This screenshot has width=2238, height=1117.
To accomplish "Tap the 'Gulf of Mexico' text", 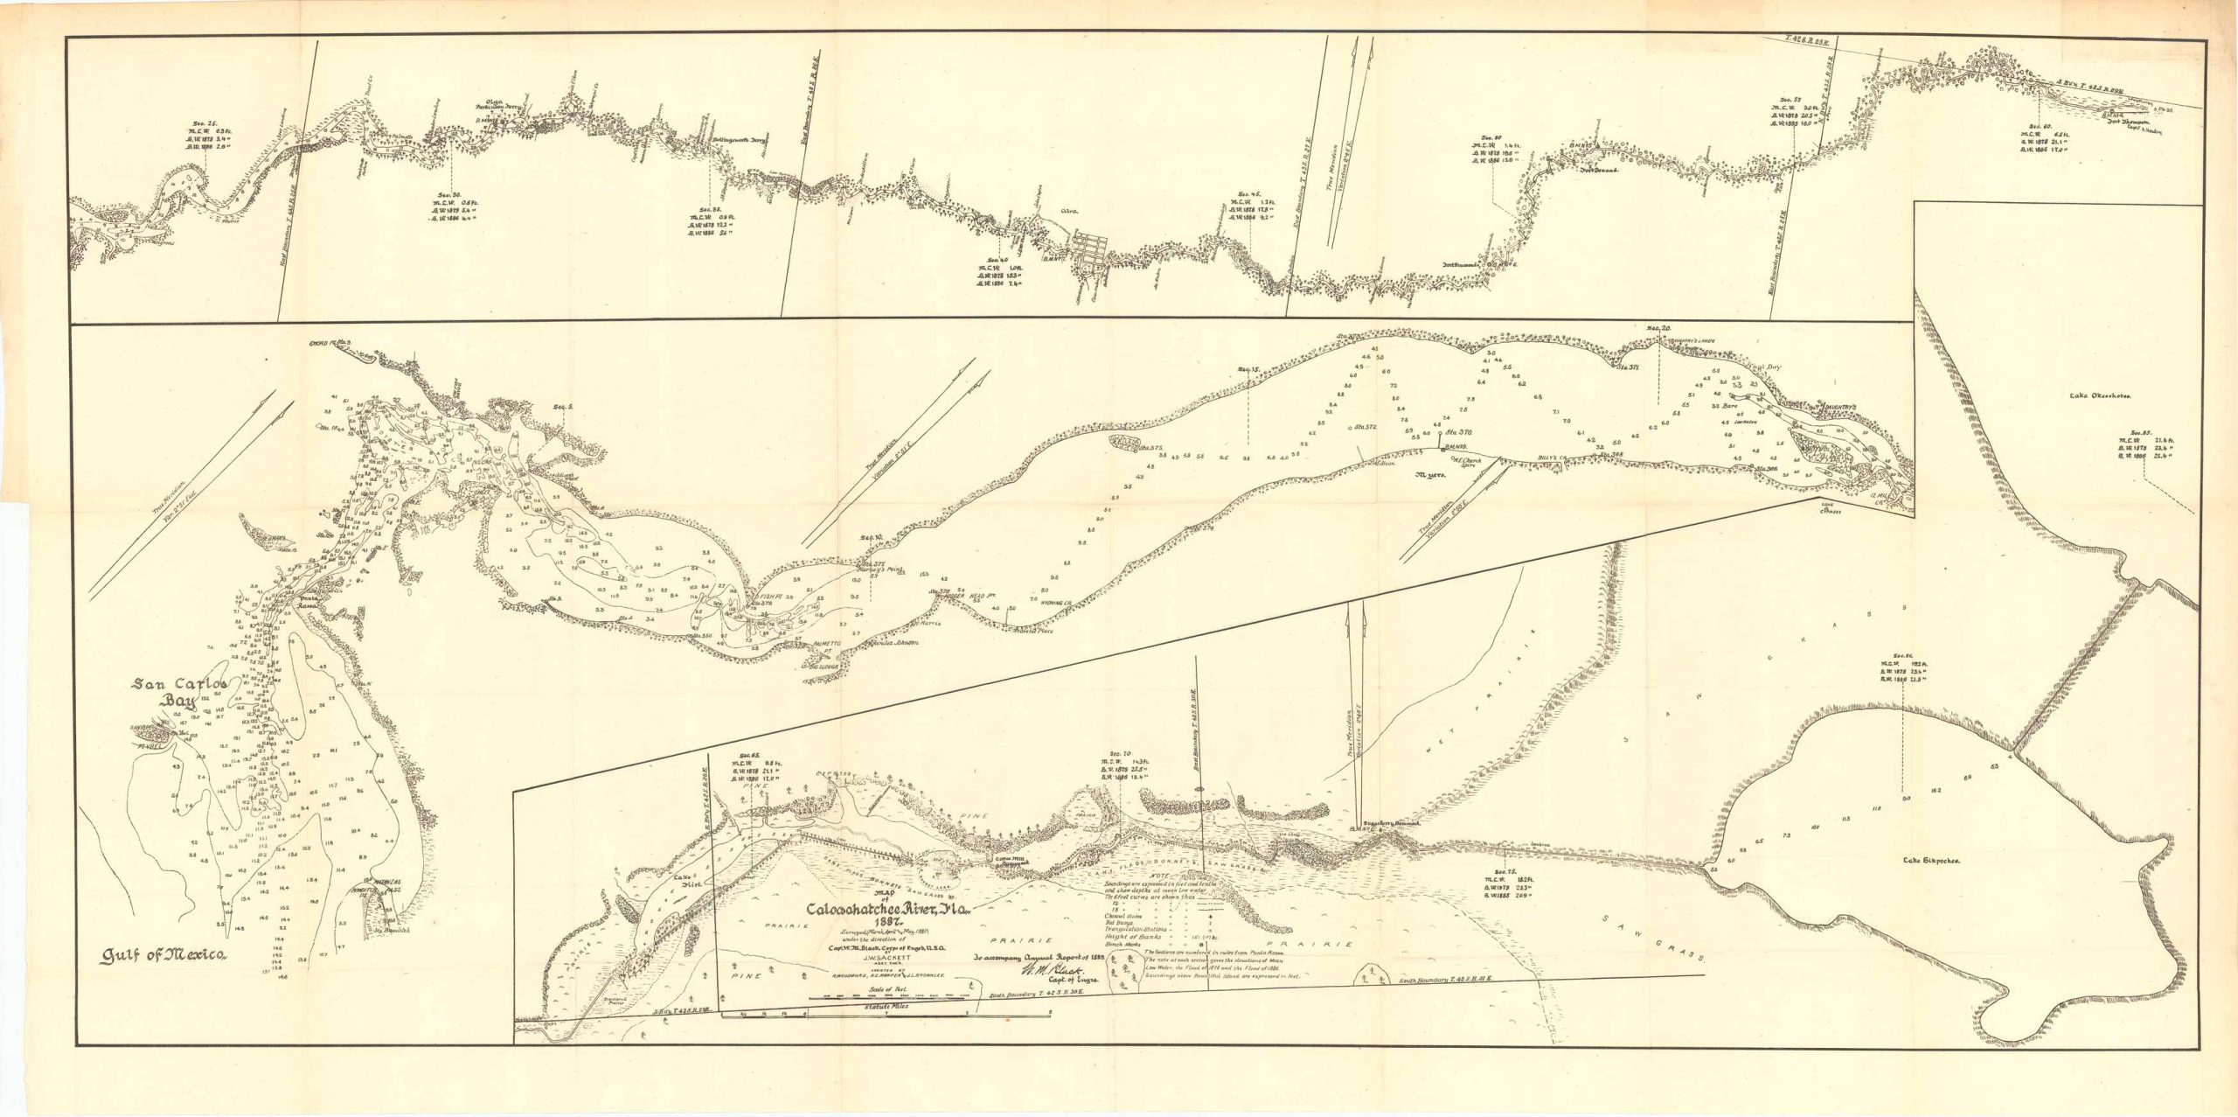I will click(x=164, y=954).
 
